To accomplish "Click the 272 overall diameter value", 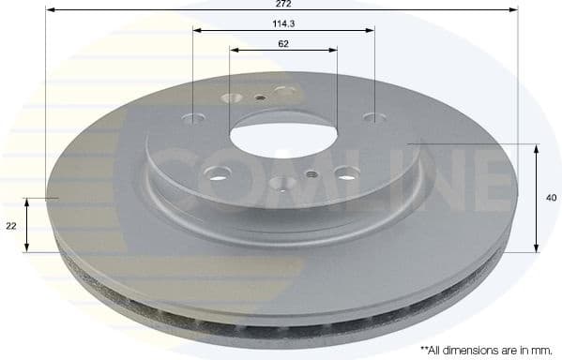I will coord(281,4).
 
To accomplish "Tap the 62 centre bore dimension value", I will coord(282,43).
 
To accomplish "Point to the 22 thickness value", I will coord(11,226).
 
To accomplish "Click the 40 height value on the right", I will coord(552,198).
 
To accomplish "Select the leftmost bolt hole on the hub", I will coord(195,120).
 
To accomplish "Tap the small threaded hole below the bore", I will coord(311,173).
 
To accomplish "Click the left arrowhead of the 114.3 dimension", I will coord(197,30).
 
